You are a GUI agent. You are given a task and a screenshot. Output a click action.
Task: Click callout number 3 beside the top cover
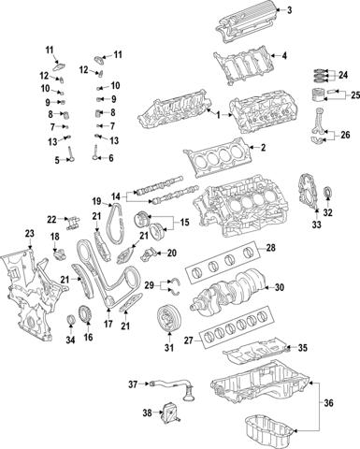tap(289, 10)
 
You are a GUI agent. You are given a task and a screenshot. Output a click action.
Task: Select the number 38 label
tap(147, 412)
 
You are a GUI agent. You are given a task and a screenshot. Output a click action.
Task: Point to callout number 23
tap(29, 233)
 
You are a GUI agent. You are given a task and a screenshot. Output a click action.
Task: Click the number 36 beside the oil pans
tap(326, 402)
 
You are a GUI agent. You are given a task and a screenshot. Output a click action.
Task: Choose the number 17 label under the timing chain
tap(109, 326)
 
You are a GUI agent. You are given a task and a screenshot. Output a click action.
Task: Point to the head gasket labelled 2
tap(221, 152)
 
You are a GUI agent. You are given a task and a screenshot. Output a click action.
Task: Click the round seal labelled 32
tap(327, 222)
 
